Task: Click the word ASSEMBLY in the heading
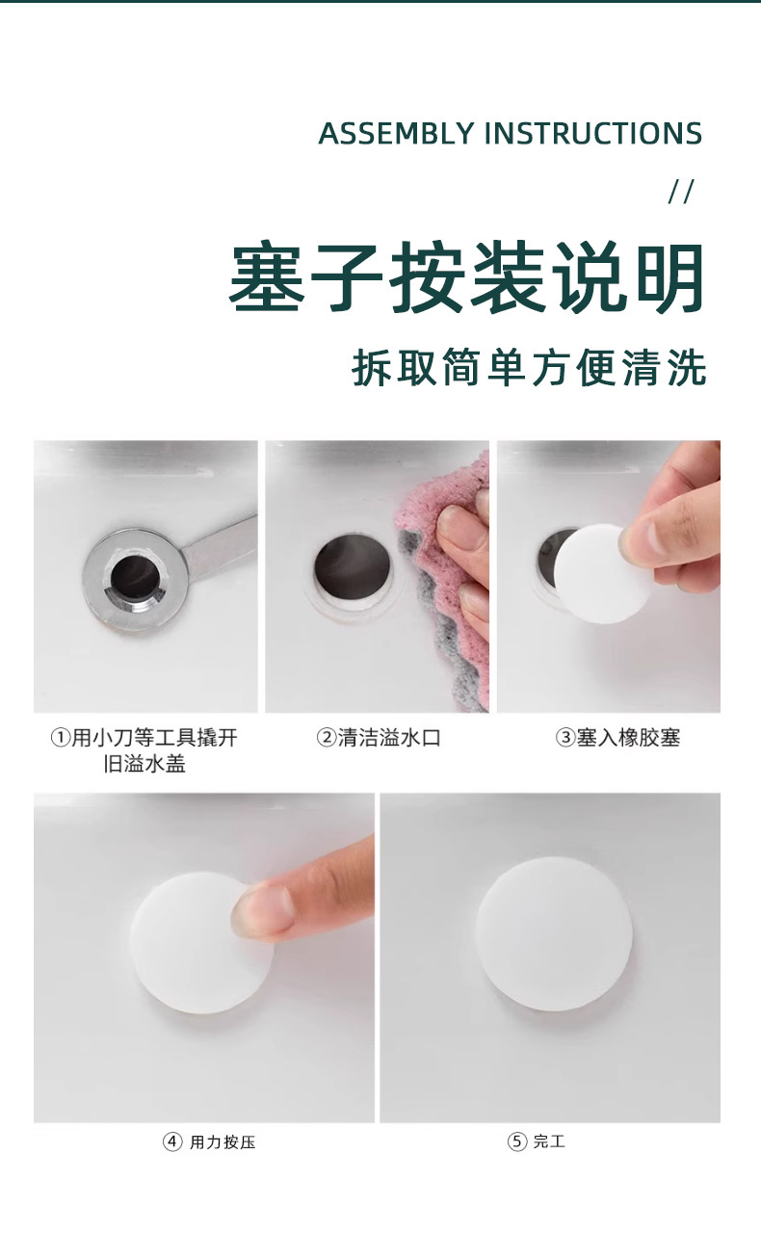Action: (x=396, y=134)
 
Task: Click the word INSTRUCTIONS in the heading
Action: (x=593, y=134)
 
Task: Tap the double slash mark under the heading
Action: (x=681, y=193)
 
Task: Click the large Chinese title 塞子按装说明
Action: (x=467, y=276)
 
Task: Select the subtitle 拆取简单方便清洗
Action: (x=529, y=368)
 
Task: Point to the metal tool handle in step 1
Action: (x=221, y=548)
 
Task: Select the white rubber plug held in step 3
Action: (x=600, y=573)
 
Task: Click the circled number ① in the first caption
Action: (x=60, y=738)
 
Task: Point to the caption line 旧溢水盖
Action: (x=145, y=764)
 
